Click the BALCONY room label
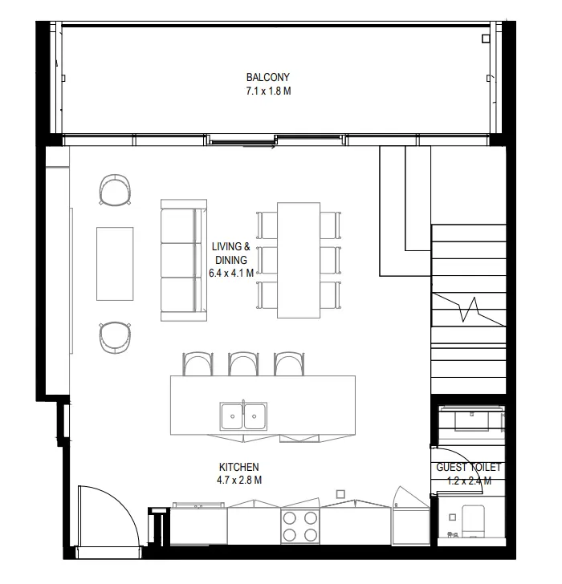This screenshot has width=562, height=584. point(267,77)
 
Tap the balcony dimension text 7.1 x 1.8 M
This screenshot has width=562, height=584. point(267,91)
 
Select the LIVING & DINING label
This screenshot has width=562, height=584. point(230,253)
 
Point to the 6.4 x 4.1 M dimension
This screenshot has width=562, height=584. point(230,273)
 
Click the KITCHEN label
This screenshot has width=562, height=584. point(239,467)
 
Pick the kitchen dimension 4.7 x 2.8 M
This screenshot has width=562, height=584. point(239,480)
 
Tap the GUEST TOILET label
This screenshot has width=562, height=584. point(469,467)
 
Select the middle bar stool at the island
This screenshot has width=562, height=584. point(242,364)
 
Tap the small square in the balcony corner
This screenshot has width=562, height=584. point(484,39)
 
